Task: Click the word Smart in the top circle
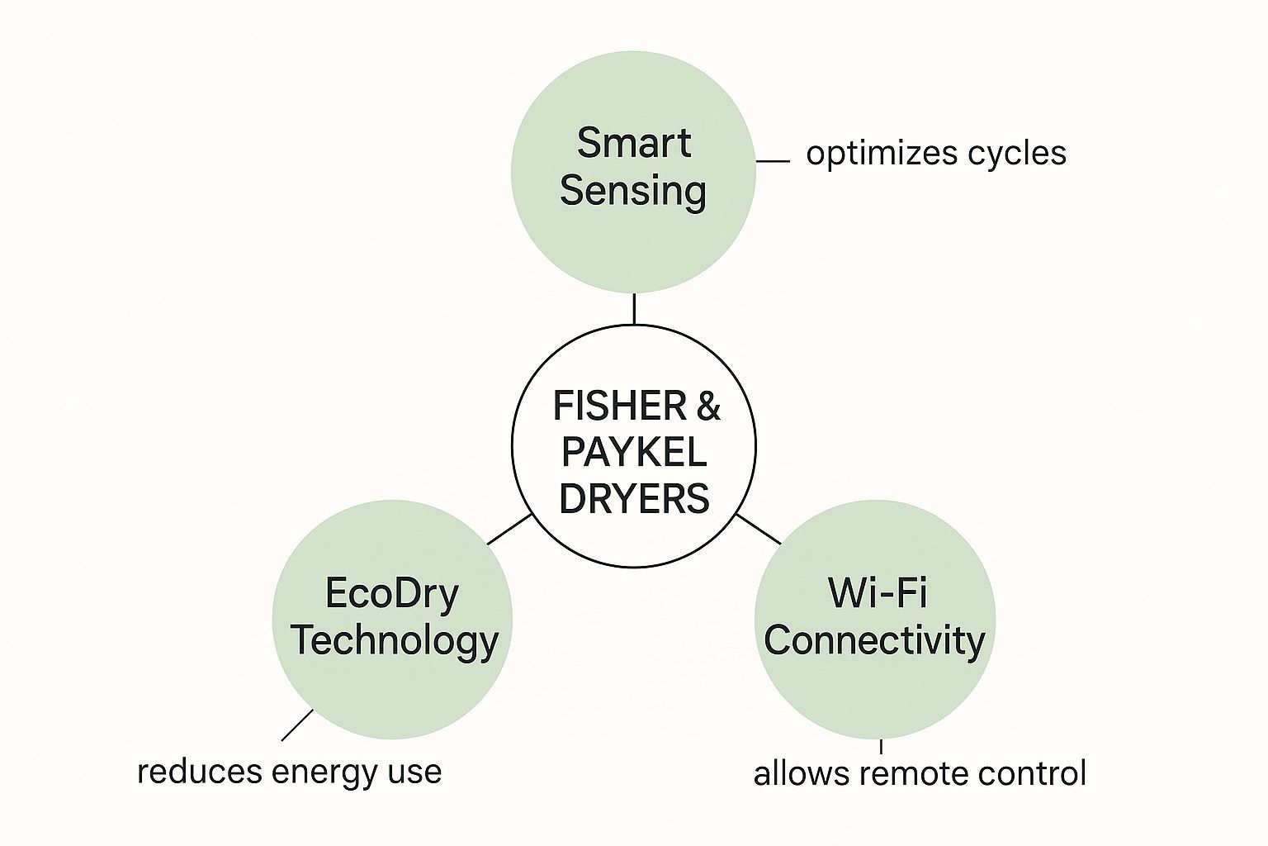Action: [633, 143]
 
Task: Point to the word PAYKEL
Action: [633, 452]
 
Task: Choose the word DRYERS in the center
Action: [633, 499]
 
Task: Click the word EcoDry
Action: [391, 593]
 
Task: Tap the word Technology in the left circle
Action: [394, 640]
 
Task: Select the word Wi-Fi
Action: [877, 592]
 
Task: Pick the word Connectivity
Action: [874, 640]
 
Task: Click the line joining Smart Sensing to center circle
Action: [634, 308]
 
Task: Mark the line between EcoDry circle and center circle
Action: [509, 530]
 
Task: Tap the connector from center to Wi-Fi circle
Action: [758, 529]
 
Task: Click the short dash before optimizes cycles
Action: [773, 161]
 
